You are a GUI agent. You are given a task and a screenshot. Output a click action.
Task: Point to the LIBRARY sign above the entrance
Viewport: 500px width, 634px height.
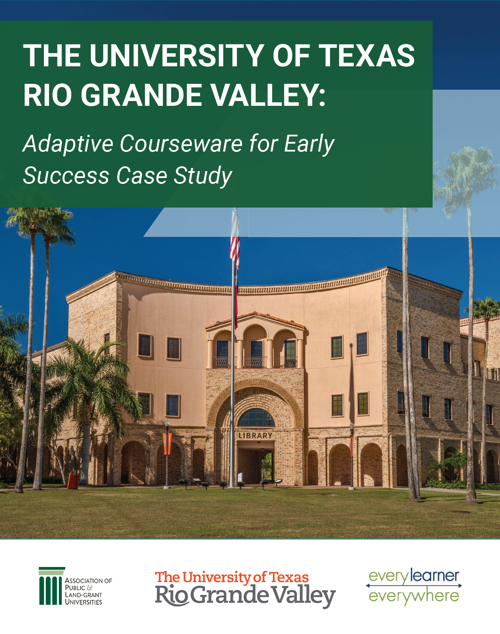pos(255,435)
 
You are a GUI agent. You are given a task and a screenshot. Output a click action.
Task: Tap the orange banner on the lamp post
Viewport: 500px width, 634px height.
pos(167,443)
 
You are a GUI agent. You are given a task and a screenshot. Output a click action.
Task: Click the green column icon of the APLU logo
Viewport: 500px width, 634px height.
pos(52,586)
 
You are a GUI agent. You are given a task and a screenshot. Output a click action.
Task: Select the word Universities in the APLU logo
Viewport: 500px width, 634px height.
pos(84,602)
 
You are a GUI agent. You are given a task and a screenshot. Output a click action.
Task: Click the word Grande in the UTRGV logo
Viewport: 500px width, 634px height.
pos(229,595)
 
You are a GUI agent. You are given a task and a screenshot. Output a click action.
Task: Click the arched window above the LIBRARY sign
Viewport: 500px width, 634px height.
pos(256,418)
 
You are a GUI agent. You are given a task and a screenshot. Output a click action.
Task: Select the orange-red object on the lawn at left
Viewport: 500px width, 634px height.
pos(73,480)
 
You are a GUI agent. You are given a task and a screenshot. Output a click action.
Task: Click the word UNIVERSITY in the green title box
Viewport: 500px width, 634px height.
pos(177,56)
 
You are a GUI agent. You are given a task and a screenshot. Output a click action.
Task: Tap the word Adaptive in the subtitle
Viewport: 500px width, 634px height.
pos(68,144)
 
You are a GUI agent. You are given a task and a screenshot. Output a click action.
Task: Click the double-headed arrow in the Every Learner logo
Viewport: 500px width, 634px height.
pos(414,586)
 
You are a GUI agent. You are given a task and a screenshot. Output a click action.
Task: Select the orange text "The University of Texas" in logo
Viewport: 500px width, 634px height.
pos(232,577)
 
